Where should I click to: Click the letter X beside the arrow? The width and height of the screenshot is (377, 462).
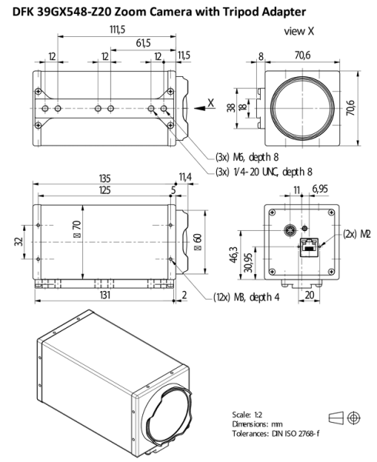coord(210,102)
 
